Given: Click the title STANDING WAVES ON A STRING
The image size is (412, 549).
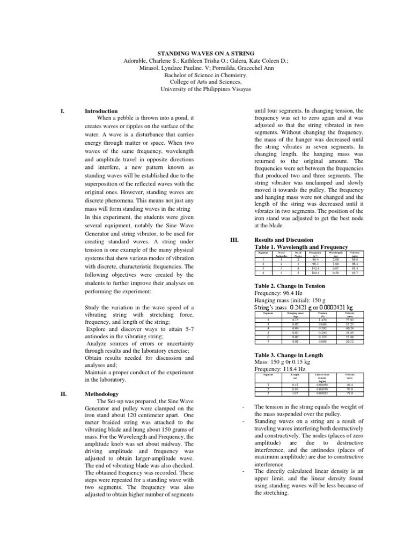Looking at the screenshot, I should (206, 54).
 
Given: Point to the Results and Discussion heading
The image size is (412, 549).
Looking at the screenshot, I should (287, 239).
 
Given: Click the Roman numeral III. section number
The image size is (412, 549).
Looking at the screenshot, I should (234, 239).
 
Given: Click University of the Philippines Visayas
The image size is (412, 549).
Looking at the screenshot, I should (206, 90).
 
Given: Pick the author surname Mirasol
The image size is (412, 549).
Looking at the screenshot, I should (150, 68).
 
